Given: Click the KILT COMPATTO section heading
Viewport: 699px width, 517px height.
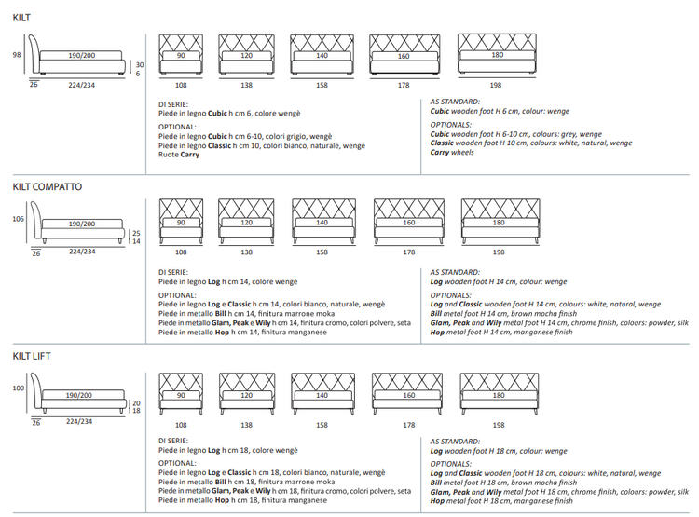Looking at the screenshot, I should (48, 187).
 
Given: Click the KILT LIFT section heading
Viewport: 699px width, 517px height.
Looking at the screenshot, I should (33, 356).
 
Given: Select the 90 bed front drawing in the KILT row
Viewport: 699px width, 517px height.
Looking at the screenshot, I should (181, 55).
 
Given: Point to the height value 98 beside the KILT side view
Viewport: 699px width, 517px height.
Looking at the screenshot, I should (17, 55).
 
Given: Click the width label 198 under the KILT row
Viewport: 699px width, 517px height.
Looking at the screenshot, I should (496, 85).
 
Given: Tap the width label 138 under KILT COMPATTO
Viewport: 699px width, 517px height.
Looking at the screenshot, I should (246, 252).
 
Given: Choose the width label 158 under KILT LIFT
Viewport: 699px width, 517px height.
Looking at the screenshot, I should (322, 425).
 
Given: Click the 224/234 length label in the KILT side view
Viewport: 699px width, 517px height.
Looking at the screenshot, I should (81, 85).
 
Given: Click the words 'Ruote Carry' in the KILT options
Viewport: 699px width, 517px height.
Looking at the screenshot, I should (179, 155).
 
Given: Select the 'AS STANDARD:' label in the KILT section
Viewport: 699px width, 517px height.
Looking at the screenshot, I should (455, 102).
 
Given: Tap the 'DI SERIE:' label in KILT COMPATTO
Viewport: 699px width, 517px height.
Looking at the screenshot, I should (173, 272).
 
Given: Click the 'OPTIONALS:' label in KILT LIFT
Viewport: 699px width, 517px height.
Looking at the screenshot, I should (451, 463).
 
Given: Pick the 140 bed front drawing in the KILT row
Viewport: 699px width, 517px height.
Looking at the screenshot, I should (322, 55).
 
